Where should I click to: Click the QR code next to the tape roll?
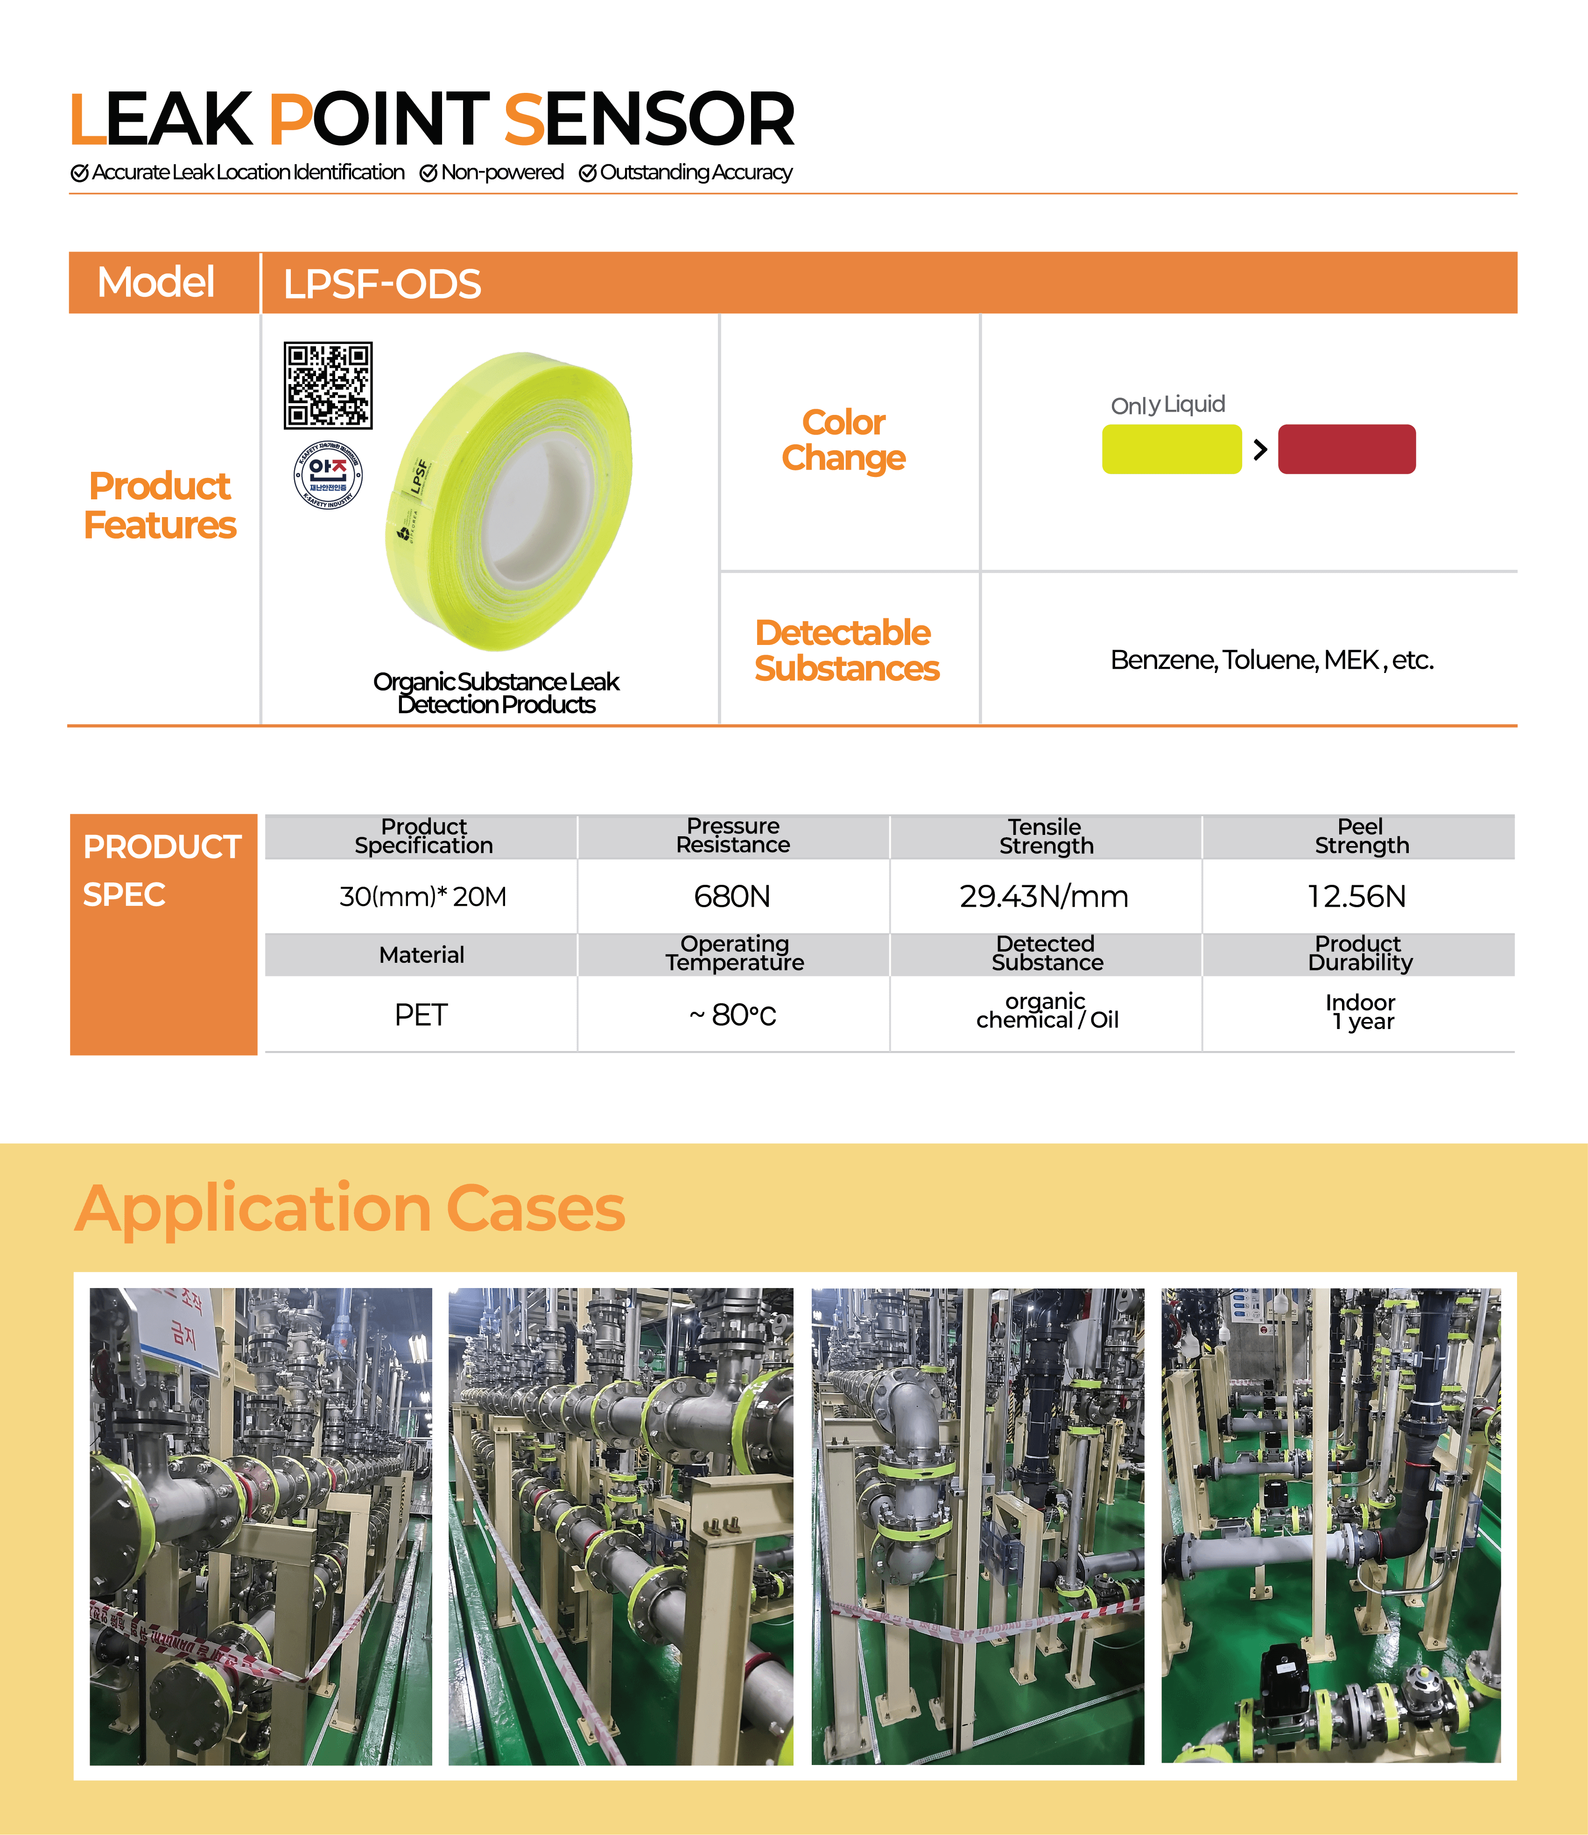point(328,385)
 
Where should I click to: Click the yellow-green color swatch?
point(1172,449)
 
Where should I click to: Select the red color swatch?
point(1346,449)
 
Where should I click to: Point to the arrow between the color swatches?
point(1260,450)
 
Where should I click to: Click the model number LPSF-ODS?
point(382,284)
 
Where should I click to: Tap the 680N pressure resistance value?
point(732,896)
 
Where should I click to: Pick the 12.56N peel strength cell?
point(1357,896)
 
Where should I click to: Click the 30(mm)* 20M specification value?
point(423,896)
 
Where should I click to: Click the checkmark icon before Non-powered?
point(429,173)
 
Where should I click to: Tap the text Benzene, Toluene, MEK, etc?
point(1272,660)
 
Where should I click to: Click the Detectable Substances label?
point(846,651)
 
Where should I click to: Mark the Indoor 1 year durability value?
point(1360,1012)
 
